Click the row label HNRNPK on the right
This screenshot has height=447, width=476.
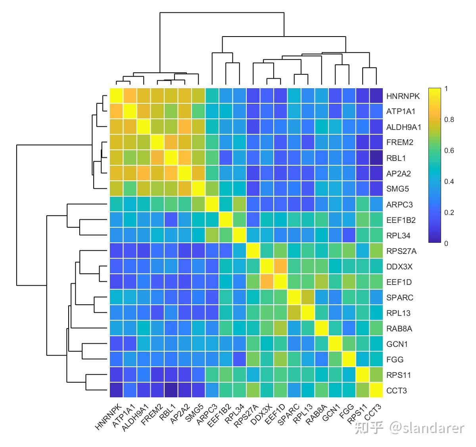(403, 96)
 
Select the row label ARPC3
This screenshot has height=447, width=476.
(399, 205)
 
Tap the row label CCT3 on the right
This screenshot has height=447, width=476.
(396, 391)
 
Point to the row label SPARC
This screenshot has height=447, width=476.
(400, 298)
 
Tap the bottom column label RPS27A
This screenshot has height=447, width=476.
(246, 417)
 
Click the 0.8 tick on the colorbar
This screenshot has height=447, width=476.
(449, 120)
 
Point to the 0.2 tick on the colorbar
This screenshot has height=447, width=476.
(449, 213)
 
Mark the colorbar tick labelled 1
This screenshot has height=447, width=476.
(446, 89)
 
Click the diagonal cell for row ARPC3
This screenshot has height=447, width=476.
(212, 205)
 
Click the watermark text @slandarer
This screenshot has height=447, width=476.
(426, 428)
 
